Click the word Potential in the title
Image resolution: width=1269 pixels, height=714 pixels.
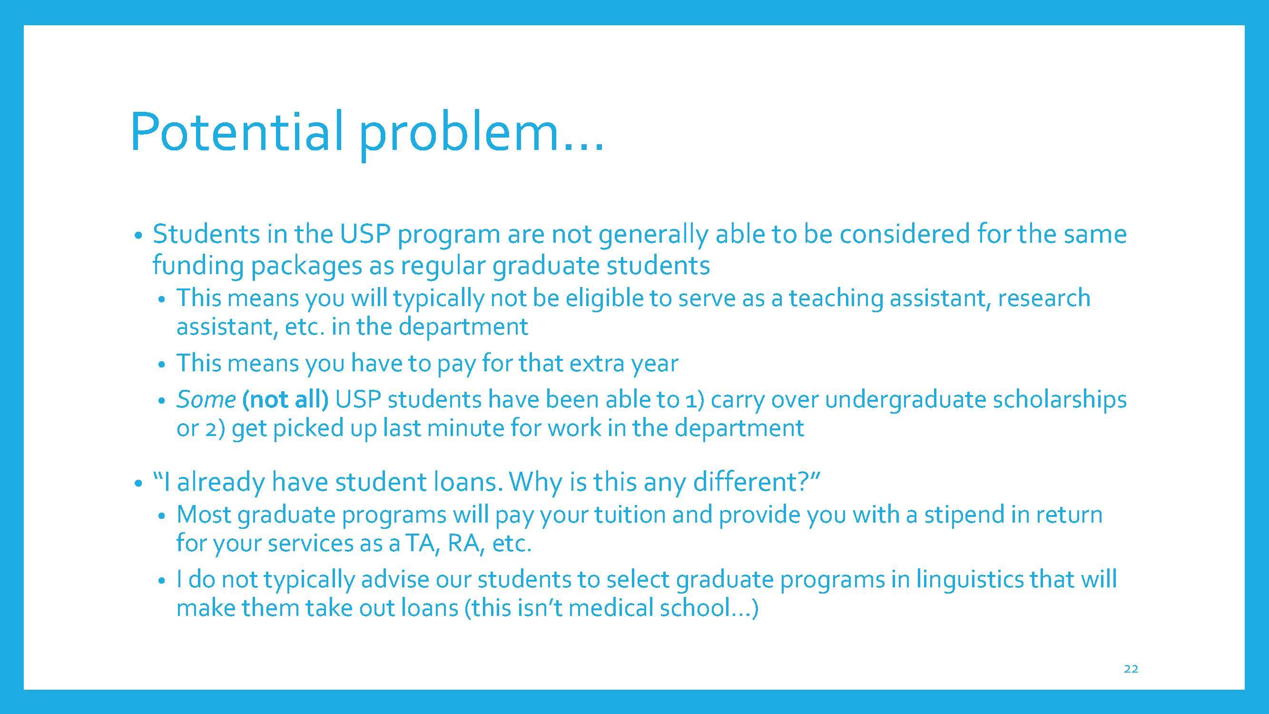tap(237, 131)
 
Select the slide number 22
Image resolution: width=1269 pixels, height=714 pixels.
tap(1131, 669)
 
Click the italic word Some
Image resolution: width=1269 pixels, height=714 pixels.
tap(206, 399)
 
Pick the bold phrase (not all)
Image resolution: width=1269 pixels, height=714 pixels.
tap(285, 400)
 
